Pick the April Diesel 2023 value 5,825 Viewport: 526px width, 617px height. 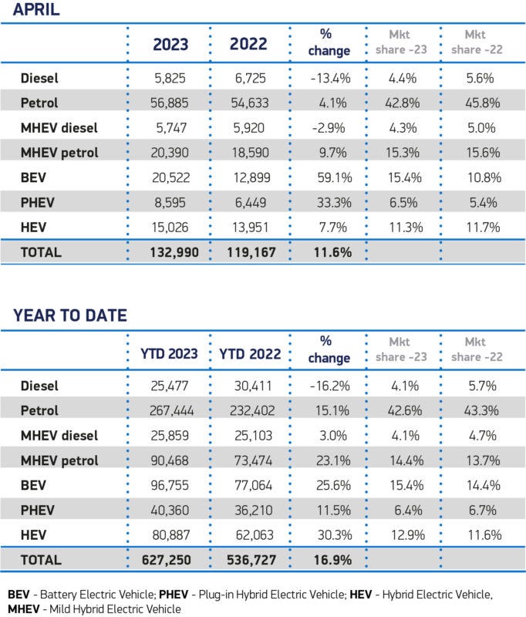point(170,78)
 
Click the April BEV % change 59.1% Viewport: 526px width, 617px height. point(329,177)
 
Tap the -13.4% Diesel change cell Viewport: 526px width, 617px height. point(329,78)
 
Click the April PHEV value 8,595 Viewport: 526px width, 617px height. point(170,202)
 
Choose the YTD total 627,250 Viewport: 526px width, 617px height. point(169,560)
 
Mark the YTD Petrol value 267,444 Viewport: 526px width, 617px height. point(169,411)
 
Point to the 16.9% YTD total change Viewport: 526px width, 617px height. point(329,560)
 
